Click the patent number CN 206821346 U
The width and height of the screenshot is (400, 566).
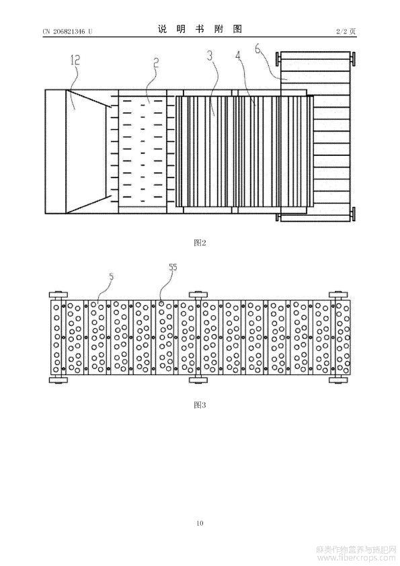tap(67, 32)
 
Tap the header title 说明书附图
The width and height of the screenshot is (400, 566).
tap(200, 29)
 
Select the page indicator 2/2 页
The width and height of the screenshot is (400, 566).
tap(346, 32)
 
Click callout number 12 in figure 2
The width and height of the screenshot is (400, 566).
tap(75, 60)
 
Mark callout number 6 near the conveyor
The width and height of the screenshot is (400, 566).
tap(258, 48)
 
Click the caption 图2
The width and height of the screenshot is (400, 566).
tap(200, 243)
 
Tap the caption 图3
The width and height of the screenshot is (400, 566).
tap(200, 405)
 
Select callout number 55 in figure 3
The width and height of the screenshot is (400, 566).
tap(173, 267)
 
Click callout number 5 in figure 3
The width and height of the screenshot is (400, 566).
tap(112, 276)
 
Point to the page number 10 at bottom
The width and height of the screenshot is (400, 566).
tap(200, 523)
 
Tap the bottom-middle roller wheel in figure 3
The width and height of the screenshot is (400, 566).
tap(198, 380)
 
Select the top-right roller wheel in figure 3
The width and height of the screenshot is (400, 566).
tap(338, 294)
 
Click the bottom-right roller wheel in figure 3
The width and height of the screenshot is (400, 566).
tap(338, 380)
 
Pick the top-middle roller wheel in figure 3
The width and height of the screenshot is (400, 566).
tap(198, 294)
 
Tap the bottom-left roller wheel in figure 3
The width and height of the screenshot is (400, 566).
tap(58, 380)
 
